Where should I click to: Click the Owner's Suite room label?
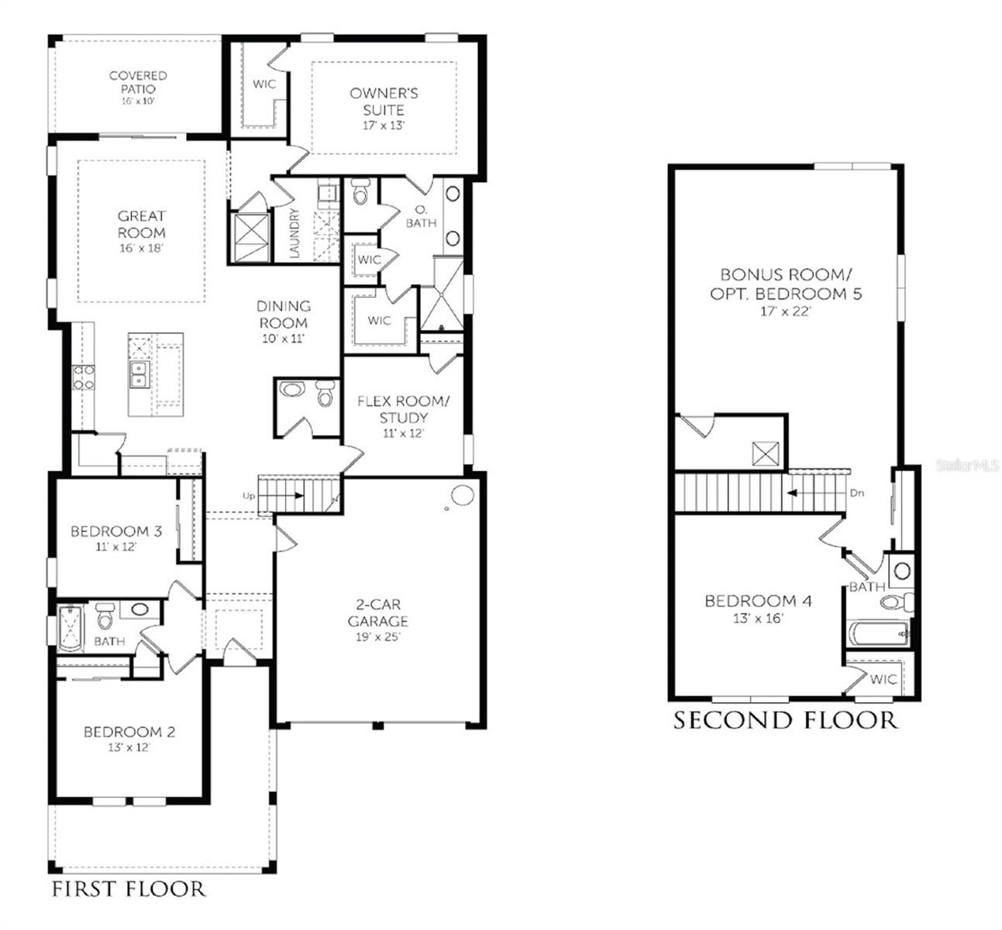pyautogui.click(x=384, y=102)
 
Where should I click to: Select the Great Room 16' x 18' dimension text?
pyautogui.click(x=142, y=248)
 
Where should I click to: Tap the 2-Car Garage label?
pyautogui.click(x=377, y=613)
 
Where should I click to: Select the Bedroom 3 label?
pyautogui.click(x=116, y=532)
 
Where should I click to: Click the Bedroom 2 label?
pyautogui.click(x=129, y=732)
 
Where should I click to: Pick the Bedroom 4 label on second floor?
pyautogui.click(x=758, y=601)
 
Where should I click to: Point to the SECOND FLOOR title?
pyautogui.click(x=785, y=720)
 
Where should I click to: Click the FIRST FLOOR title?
pyautogui.click(x=129, y=888)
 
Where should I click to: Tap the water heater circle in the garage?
pyautogui.click(x=463, y=495)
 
